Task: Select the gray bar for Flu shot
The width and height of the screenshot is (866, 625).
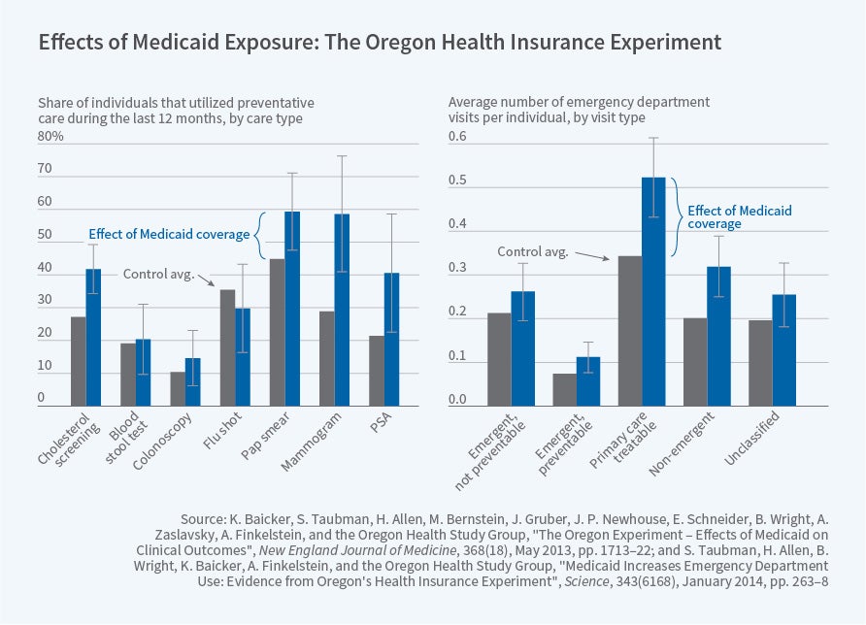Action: click(x=227, y=347)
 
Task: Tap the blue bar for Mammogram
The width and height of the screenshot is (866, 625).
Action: click(x=342, y=310)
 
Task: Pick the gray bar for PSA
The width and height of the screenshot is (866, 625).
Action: click(x=376, y=371)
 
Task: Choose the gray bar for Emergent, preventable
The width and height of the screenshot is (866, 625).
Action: click(x=564, y=389)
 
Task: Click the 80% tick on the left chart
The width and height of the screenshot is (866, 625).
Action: click(x=50, y=137)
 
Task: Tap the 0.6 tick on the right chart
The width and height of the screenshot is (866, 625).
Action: click(x=457, y=137)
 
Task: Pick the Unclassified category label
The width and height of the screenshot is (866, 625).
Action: click(x=749, y=437)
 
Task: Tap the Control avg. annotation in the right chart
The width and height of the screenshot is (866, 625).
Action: click(x=532, y=251)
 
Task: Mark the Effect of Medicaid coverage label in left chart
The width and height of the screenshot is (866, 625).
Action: click(x=168, y=234)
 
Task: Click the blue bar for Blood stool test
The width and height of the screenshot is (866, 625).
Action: click(x=143, y=372)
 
